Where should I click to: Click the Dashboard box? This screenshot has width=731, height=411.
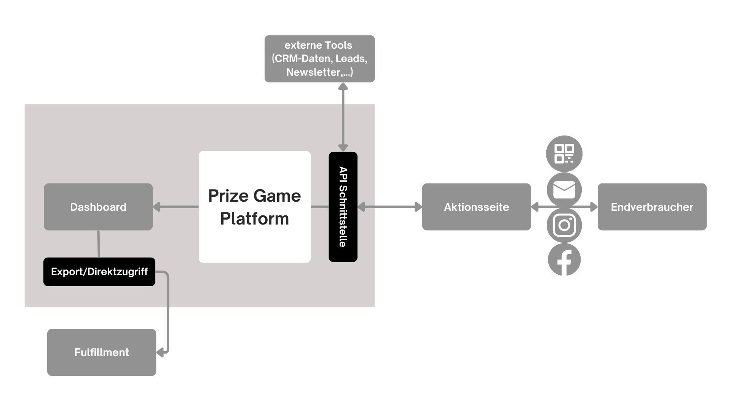tap(98, 207)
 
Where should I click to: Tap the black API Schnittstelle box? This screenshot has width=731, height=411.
tap(343, 207)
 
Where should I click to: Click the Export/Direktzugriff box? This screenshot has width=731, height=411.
tap(99, 272)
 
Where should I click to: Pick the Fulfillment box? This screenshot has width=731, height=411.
tap(102, 352)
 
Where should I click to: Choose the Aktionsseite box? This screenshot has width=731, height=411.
tap(476, 207)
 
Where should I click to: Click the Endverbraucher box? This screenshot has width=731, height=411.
tap(652, 207)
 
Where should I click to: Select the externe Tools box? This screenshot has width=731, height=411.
tap(319, 59)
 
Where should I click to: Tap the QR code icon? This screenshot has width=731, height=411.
tap(564, 153)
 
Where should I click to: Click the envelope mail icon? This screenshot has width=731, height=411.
tap(564, 189)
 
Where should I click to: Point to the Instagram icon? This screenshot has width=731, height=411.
tap(564, 225)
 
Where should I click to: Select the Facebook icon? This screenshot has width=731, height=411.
tap(564, 260)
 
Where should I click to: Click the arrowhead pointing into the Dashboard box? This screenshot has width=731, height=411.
tap(156, 207)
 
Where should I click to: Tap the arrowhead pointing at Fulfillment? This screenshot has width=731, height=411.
tap(160, 353)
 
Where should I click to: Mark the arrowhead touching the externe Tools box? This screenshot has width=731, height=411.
tap(343, 86)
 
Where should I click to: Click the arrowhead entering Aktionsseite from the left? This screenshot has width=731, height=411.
tap(418, 207)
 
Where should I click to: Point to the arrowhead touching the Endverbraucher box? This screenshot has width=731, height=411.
tap(594, 207)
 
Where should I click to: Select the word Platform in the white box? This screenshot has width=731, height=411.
tap(254, 219)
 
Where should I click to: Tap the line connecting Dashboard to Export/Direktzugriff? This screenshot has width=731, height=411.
tap(99, 244)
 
